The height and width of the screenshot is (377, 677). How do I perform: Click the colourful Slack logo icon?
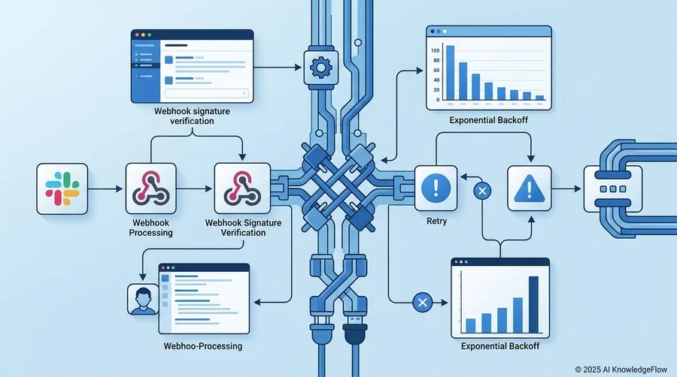pos(62,188)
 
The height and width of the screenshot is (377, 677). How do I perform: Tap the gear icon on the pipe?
pos(320,68)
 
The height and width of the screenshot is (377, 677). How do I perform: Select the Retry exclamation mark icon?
pos(436,188)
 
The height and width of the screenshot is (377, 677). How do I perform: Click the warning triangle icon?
pos(530,188)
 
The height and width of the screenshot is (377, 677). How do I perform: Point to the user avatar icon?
pos(144,299)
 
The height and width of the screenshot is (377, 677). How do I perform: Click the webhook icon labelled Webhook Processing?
pos(150,188)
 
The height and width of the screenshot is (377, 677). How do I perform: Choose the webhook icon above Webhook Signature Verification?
pos(242,188)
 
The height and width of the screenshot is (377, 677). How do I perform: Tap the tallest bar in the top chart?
pos(450,72)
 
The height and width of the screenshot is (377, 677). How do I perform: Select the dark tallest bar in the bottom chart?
pos(533,305)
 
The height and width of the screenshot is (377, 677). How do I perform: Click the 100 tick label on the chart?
pos(435,50)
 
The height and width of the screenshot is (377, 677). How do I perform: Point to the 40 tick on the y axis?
pos(436,80)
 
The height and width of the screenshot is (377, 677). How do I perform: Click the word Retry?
pos(436,221)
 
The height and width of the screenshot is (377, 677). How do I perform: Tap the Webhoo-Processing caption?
pos(203,346)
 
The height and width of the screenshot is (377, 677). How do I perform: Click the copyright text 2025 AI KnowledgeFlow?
pos(625,369)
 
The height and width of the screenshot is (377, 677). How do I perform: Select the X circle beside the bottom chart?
pos(422,303)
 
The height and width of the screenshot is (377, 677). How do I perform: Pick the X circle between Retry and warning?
pos(482,191)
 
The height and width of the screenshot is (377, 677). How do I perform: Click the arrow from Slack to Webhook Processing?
pos(105,188)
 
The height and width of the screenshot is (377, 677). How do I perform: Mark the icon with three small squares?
pos(612,188)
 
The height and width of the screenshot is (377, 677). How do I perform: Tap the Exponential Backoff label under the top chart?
pos(488,120)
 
